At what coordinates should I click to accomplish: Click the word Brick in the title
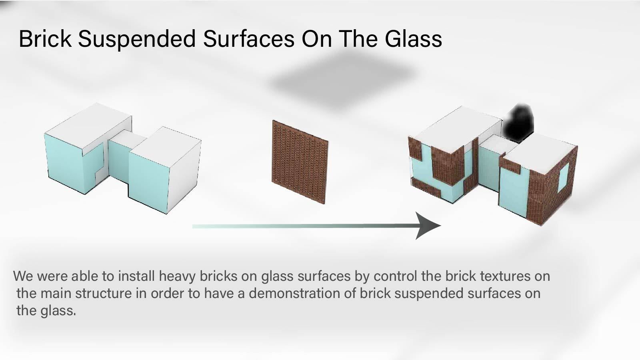point(45,38)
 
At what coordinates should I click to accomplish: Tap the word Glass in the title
point(413,38)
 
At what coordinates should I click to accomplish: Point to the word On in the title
point(316,38)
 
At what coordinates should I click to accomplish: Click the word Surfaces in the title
point(248,38)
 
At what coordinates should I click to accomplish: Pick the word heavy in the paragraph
point(177,276)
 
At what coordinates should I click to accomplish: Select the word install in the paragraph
point(136,276)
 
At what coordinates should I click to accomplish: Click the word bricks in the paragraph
point(218,276)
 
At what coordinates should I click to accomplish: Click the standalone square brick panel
point(300,162)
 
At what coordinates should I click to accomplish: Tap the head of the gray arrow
point(428,226)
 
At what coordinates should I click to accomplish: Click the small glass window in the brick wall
point(564,177)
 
